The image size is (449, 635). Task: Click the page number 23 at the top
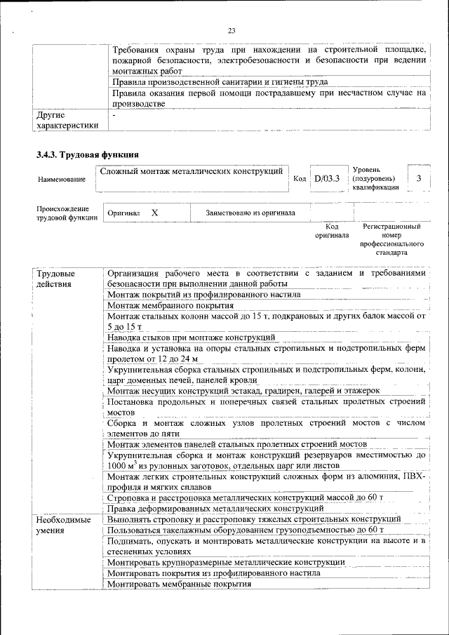231,29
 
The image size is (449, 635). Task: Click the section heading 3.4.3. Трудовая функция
88,154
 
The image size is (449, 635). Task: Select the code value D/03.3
327,179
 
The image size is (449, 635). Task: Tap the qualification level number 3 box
419,178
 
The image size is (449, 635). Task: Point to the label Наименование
62,180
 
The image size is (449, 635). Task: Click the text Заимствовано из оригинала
250,213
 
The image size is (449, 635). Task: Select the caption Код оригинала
333,232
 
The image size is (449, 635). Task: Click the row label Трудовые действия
55,279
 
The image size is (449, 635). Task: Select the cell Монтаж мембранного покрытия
170,306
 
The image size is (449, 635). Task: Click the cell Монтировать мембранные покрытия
179,584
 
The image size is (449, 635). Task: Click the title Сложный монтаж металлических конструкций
192,171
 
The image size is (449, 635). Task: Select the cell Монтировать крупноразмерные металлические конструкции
226,562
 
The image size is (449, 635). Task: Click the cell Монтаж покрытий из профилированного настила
203,295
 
